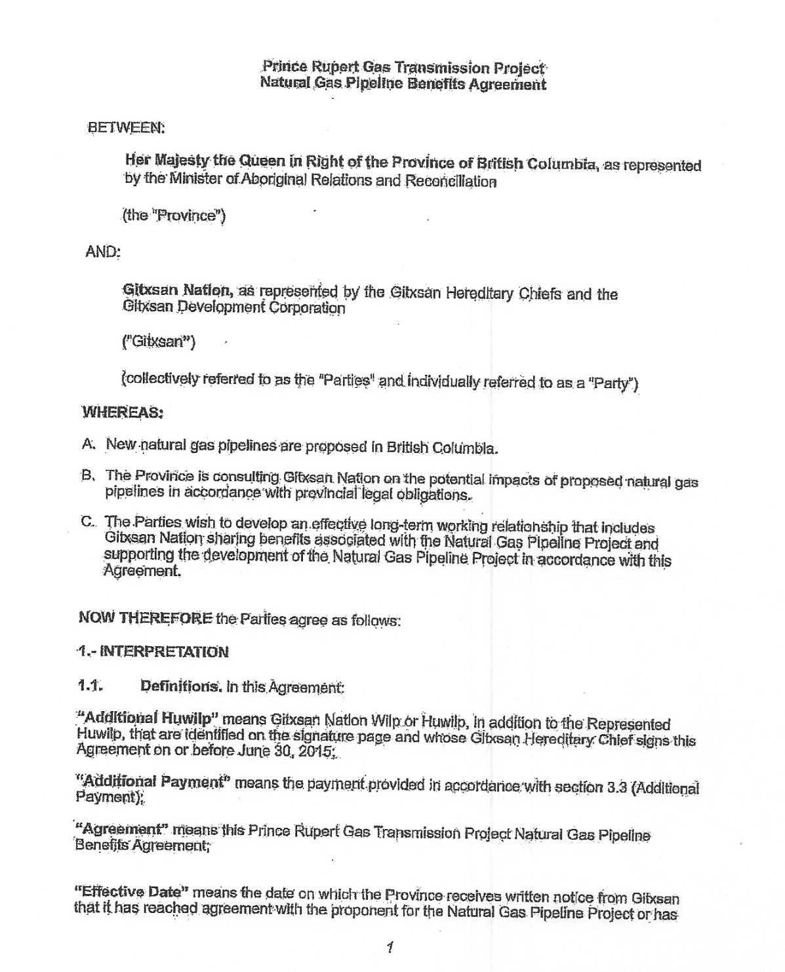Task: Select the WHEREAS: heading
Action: pyautogui.click(x=122, y=412)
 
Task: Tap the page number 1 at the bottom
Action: pyautogui.click(x=390, y=946)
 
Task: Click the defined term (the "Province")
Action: pyautogui.click(x=174, y=216)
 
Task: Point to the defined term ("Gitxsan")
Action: pyautogui.click(x=159, y=341)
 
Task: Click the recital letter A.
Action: pyautogui.click(x=89, y=444)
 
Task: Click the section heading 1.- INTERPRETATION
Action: pyautogui.click(x=153, y=651)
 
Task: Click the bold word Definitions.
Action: pyautogui.click(x=181, y=687)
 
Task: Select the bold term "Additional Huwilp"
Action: pyautogui.click(x=146, y=716)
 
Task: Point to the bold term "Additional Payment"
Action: pyautogui.click(x=153, y=782)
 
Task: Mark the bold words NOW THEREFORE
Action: pyautogui.click(x=145, y=617)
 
